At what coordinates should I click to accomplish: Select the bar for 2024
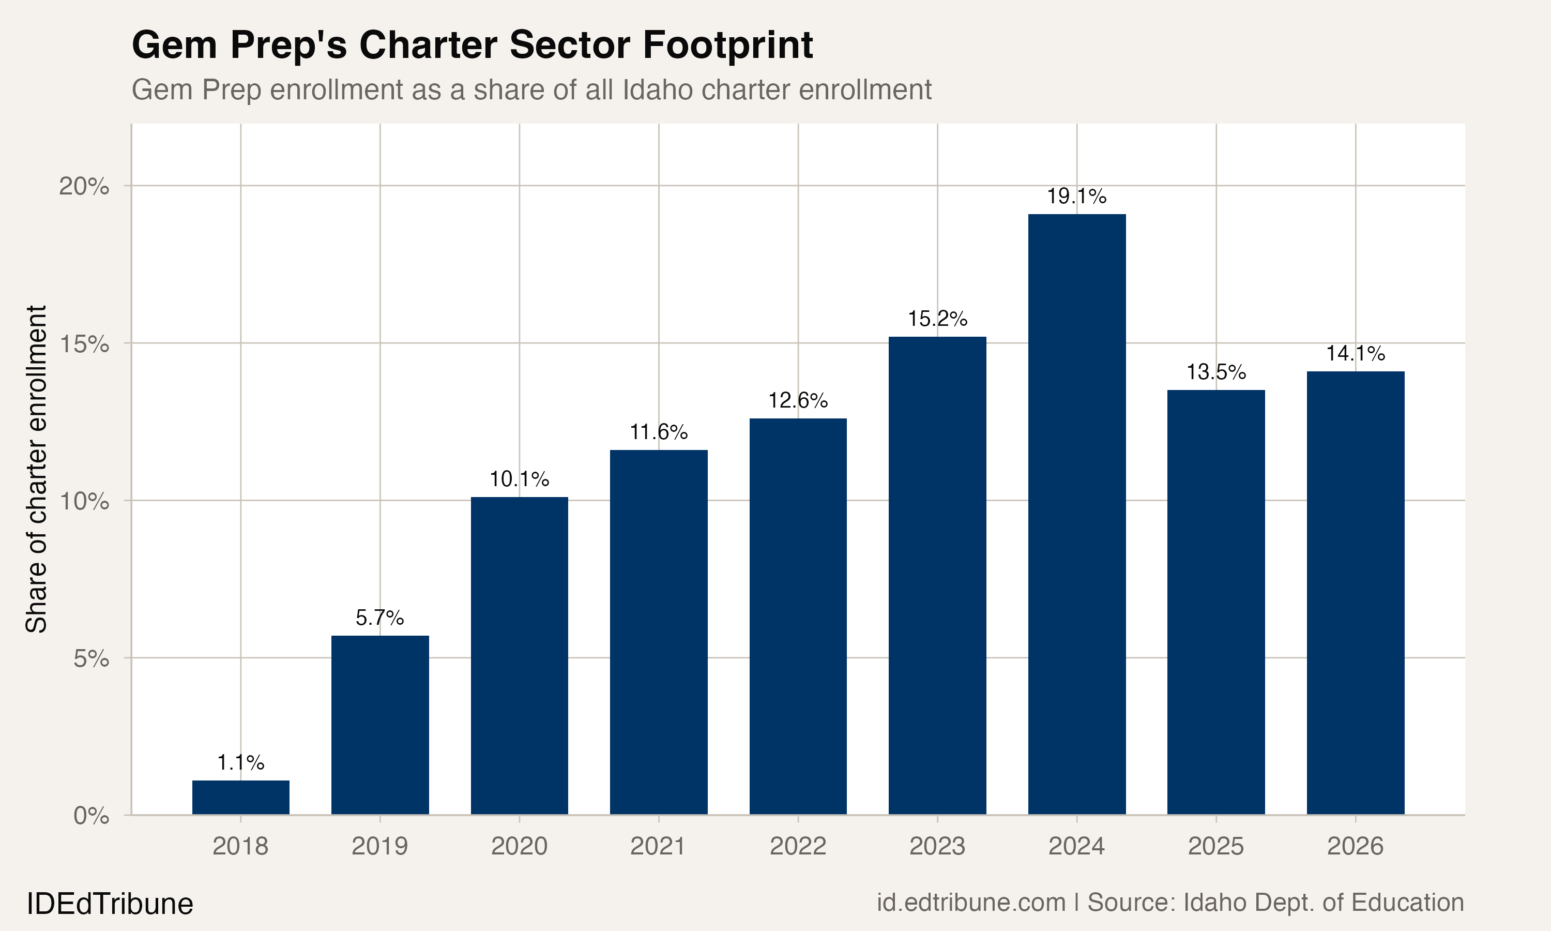[x=1076, y=515]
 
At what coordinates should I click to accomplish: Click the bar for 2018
[x=241, y=798]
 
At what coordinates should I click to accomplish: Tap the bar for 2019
[x=380, y=725]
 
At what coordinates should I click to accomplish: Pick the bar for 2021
[x=658, y=633]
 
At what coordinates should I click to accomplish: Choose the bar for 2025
[x=1215, y=602]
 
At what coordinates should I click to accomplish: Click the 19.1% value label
[x=1076, y=197]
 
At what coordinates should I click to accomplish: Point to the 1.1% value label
[x=241, y=763]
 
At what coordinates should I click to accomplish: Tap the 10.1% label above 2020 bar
[x=519, y=479]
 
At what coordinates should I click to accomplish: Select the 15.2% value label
[x=937, y=319]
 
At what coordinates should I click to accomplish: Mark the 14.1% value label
[x=1356, y=354]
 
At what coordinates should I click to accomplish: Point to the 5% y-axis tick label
[x=92, y=659]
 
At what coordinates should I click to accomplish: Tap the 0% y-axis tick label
[x=92, y=816]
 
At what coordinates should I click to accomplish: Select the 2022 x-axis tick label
[x=797, y=847]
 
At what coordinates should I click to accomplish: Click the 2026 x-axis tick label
[x=1356, y=847]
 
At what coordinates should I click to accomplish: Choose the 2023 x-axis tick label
[x=937, y=847]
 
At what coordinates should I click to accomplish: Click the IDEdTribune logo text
[x=110, y=904]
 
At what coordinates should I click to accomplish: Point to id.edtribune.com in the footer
[x=970, y=903]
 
